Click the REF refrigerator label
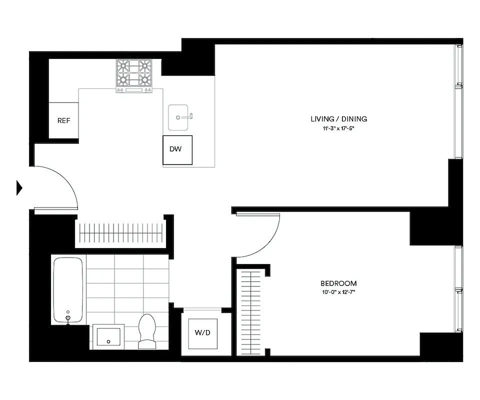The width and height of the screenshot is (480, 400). point(63,120)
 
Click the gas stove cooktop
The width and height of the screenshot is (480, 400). point(133,75)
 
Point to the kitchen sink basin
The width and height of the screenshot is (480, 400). point(178,117)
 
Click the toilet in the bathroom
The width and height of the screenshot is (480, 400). point(147,331)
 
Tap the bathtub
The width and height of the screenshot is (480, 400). point(68,290)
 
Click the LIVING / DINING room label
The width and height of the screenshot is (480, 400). point(338,119)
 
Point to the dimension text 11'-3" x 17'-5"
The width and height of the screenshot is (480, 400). point(338,128)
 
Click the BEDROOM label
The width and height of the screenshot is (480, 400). point(338,283)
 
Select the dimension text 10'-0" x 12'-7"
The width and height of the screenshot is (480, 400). point(338,292)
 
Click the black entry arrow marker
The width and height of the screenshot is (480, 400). point(19,187)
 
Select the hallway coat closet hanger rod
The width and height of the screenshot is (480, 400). point(120,233)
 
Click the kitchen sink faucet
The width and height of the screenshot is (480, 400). point(189,116)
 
